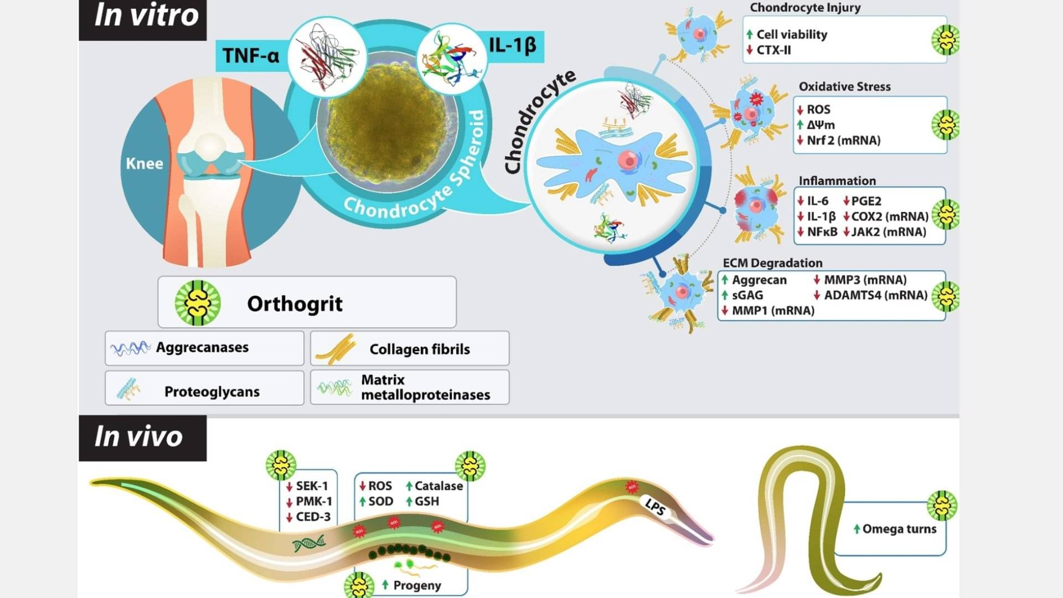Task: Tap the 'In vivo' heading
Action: tap(138, 436)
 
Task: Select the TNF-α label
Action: tap(251, 55)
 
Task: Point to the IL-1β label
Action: tap(512, 44)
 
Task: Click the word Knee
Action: tap(145, 164)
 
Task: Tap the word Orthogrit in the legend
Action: tap(295, 303)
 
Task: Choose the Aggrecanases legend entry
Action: tap(202, 347)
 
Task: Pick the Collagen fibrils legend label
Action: tap(420, 349)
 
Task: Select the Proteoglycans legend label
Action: tap(212, 391)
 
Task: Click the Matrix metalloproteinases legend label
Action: tap(425, 387)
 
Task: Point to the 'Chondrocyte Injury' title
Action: tap(805, 8)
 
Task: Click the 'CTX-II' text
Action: tap(773, 50)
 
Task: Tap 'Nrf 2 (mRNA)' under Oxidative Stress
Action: tap(843, 140)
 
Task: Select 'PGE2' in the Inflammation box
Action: tap(866, 201)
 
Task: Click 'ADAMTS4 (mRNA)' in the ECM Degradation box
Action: tap(875, 295)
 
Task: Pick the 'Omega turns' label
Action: tap(899, 529)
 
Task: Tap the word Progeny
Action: tap(417, 585)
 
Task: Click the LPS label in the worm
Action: tap(655, 506)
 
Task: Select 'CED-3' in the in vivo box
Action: tap(313, 517)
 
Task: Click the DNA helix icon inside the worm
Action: tap(309, 543)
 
